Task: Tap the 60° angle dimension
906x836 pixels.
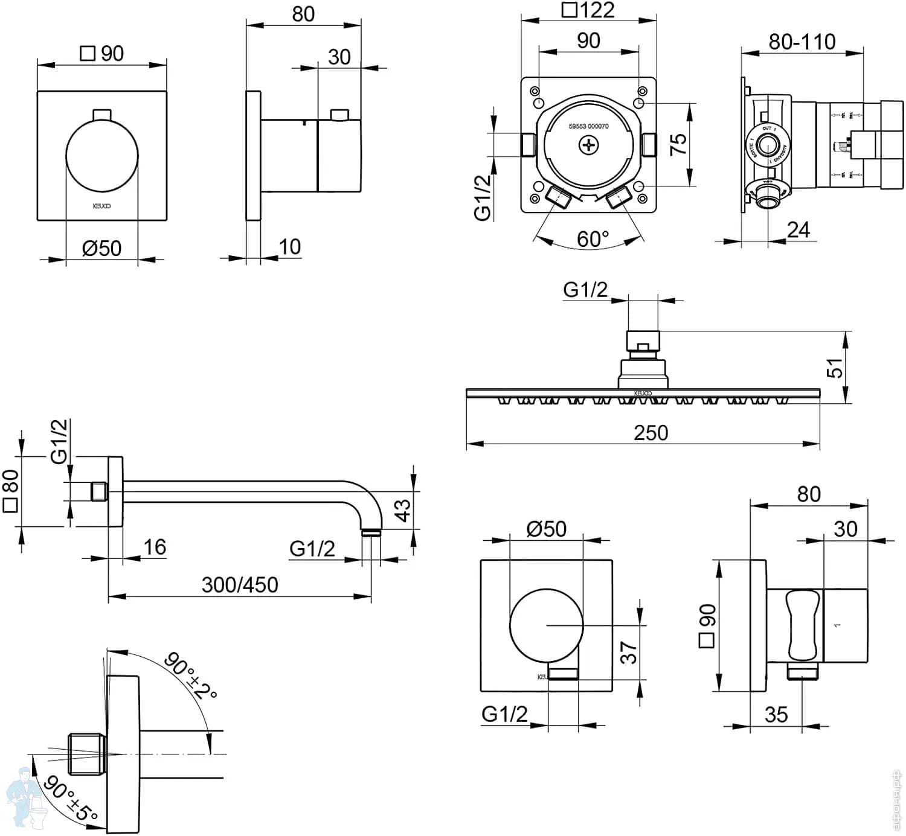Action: point(593,239)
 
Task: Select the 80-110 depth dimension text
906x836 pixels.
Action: point(802,42)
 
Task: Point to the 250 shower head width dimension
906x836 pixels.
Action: point(651,433)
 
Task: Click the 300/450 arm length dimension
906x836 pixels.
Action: point(240,584)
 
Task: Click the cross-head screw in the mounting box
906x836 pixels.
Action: point(588,145)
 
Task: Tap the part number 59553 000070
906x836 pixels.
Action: point(588,127)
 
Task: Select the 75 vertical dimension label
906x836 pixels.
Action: point(679,144)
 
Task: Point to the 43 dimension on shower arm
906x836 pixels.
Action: point(402,510)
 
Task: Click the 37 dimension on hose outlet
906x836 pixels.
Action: point(628,653)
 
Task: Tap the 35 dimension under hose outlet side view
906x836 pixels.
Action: point(776,715)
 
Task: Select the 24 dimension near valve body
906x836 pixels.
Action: point(798,230)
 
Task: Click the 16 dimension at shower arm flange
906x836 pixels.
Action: point(155,547)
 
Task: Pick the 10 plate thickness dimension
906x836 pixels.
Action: point(289,247)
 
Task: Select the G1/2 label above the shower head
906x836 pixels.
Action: point(585,290)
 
